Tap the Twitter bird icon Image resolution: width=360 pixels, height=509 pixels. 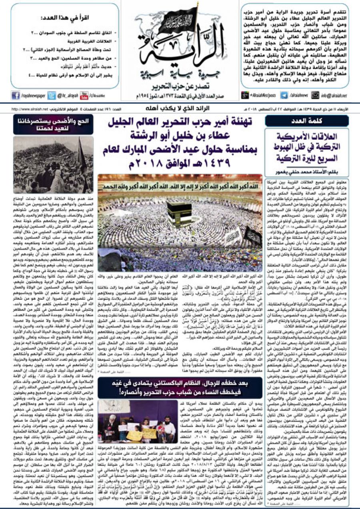click(51, 95)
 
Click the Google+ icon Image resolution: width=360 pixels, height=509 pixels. click(245, 95)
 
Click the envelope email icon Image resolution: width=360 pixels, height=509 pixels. click(316, 95)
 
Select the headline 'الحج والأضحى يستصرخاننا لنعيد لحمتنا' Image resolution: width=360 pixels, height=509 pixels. click(53, 124)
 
